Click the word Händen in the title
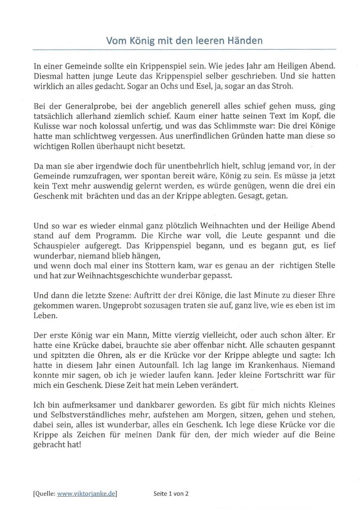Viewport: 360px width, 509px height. point(245,40)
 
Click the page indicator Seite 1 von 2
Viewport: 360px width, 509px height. point(172,493)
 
